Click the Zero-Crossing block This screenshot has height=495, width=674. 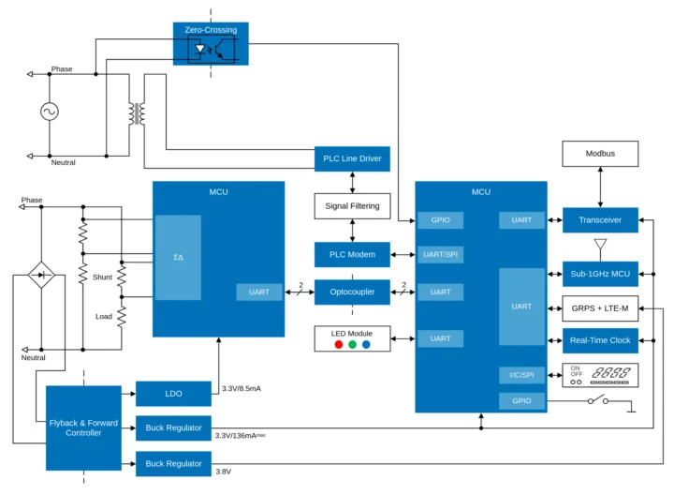tap(211, 44)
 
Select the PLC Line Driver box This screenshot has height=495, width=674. tap(351, 158)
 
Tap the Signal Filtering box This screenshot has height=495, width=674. tap(351, 205)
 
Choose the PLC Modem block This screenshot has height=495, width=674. tap(351, 254)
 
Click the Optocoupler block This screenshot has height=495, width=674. tap(351, 292)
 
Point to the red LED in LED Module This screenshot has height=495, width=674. tap(338, 344)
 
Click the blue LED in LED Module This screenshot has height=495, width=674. tap(366, 344)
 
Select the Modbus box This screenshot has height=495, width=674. tap(600, 153)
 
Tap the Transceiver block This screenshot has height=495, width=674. tap(600, 220)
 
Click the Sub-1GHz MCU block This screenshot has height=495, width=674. tap(600, 274)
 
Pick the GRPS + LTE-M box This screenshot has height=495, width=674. tap(600, 307)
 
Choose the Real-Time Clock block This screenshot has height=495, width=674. tap(600, 339)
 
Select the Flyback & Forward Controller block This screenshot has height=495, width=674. tap(83, 427)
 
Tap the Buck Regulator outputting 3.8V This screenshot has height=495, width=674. tap(173, 463)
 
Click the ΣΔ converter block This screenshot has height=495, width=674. tap(178, 258)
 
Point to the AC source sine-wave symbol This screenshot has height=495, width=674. tap(49, 112)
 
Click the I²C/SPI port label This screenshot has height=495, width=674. tap(522, 375)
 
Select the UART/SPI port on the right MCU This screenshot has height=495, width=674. tap(440, 254)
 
